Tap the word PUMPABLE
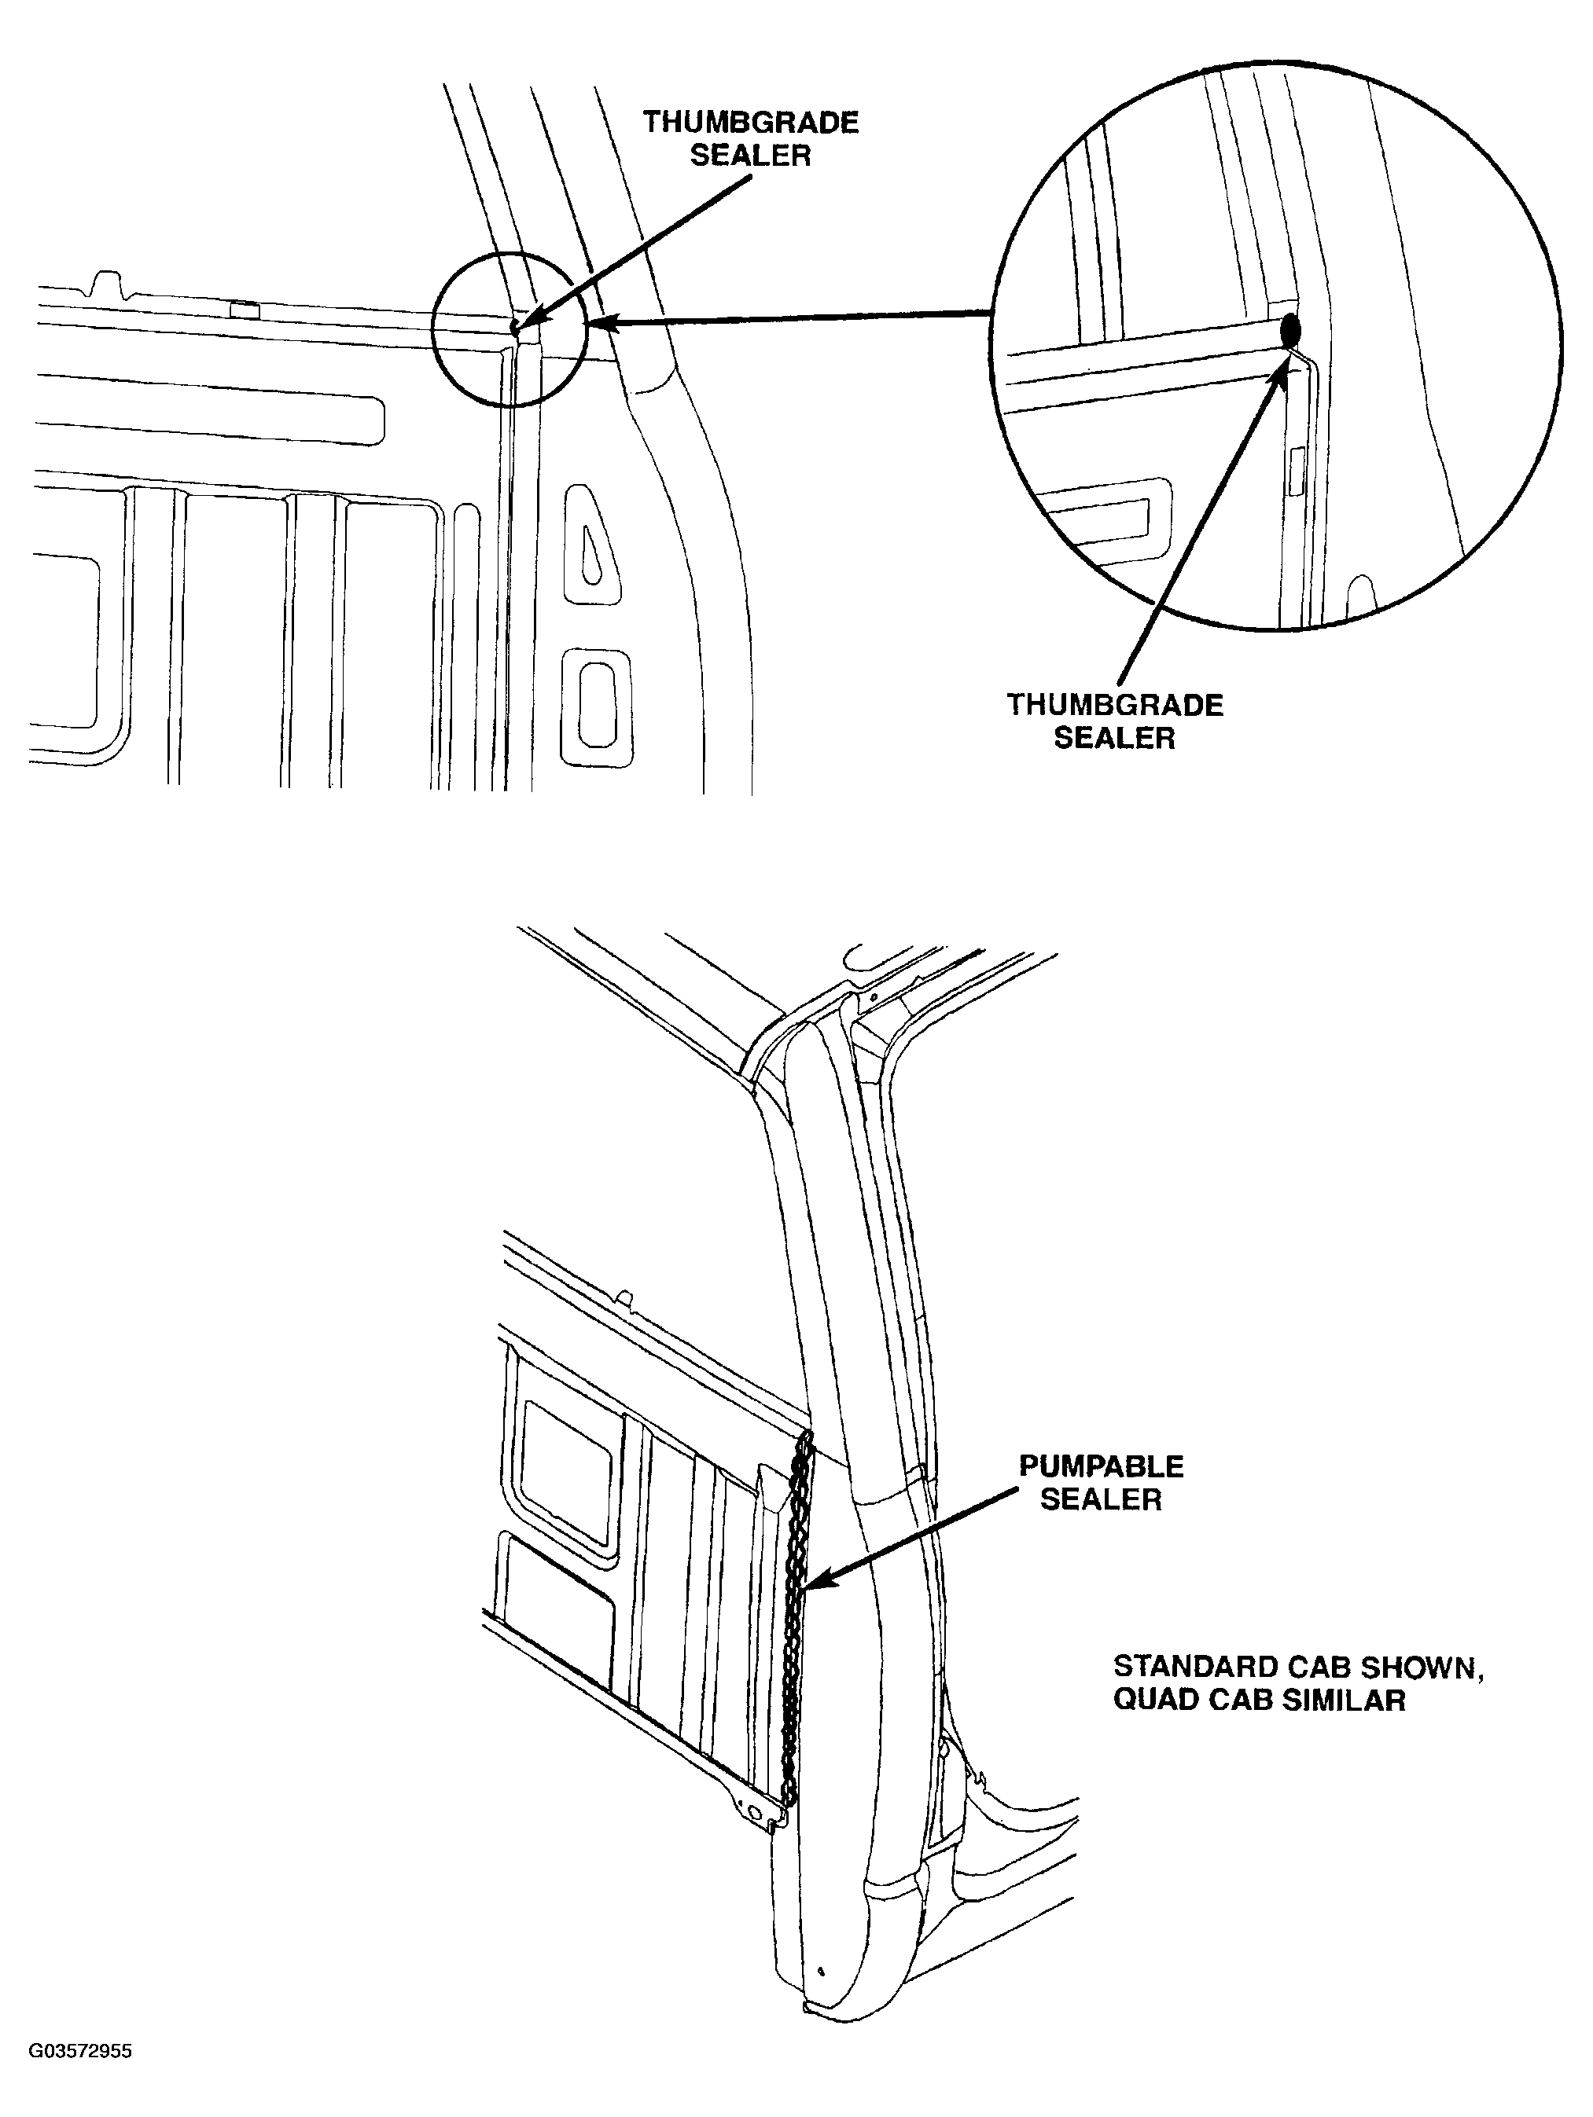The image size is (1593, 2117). (x=1101, y=1466)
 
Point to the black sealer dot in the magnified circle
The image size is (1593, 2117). (x=1291, y=330)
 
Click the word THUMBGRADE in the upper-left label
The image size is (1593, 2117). (x=751, y=123)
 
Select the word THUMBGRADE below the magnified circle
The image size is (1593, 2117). (x=1114, y=706)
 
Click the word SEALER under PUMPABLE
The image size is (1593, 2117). (x=1101, y=1499)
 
